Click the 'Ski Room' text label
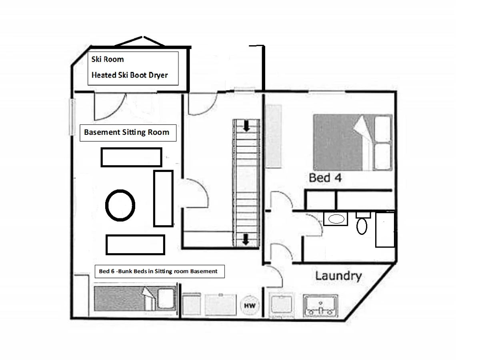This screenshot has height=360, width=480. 108,59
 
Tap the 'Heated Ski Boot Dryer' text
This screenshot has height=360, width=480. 130,75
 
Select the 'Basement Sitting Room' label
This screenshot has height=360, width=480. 127,132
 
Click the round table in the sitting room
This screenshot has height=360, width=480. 120,206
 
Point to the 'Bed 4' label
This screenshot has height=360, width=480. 325,178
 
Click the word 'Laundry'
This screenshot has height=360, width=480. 338,276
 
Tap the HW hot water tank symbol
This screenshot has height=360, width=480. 250,305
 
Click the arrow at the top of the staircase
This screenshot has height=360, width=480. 247,126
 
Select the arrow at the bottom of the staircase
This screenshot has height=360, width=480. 246,239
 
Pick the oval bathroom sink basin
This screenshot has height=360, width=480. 336,219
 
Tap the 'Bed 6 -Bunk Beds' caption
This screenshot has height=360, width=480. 134,271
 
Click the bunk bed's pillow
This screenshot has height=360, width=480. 166,298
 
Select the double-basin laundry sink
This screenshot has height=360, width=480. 320,306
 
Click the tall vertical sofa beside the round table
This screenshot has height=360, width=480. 163,198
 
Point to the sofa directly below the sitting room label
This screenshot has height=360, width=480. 132,157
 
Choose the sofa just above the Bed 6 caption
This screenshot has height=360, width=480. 135,245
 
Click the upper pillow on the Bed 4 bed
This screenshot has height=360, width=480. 383,129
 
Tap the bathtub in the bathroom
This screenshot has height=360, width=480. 385,230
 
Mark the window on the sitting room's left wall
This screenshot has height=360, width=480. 72,117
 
